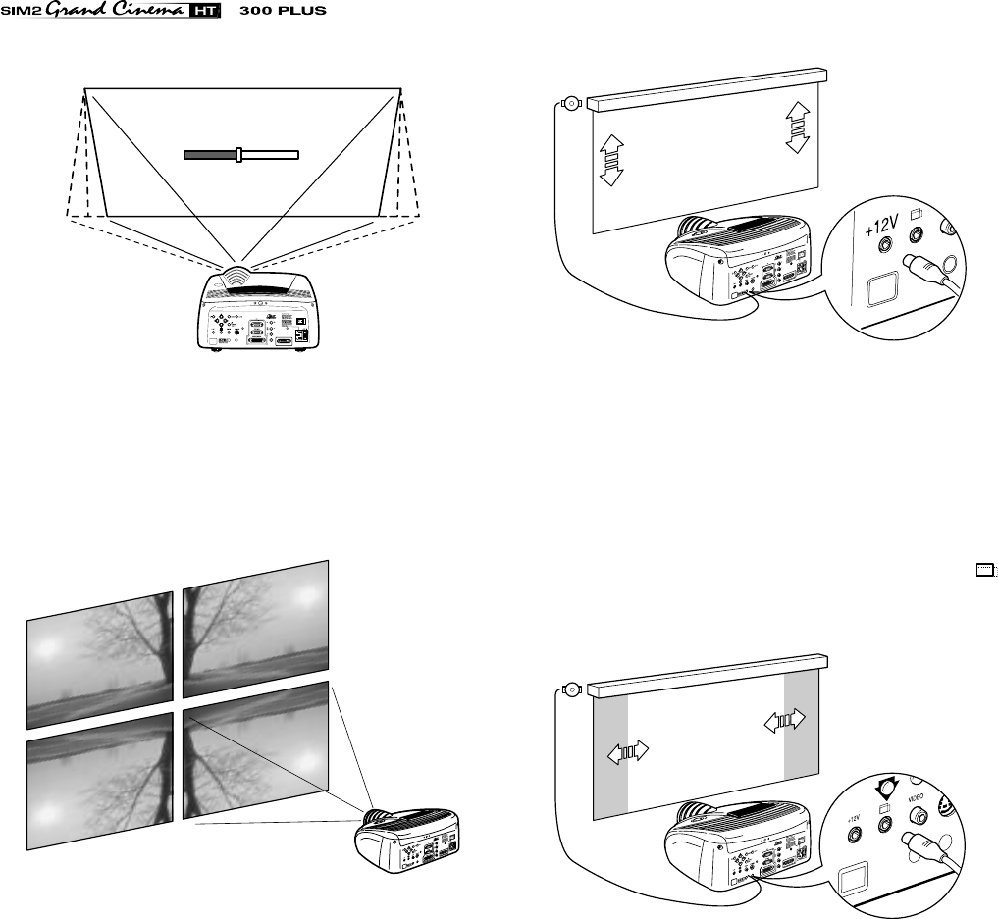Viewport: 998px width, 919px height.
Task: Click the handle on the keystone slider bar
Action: [238, 154]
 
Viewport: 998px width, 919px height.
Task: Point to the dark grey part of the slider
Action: [210, 154]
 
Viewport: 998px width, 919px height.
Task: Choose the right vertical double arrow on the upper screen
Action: [797, 127]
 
